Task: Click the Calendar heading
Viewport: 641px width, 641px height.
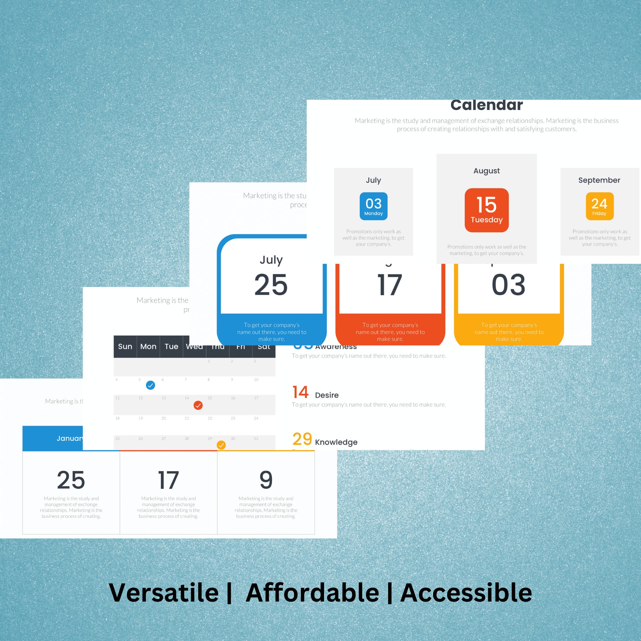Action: [x=487, y=105]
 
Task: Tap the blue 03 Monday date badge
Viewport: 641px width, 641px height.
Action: [x=374, y=206]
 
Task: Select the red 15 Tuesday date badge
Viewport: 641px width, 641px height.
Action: [x=487, y=210]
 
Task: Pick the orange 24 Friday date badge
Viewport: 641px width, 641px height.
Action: [x=599, y=206]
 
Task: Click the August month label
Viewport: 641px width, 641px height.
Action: [x=487, y=171]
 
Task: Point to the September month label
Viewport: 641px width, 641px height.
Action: [x=599, y=180]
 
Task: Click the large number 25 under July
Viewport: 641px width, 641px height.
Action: [x=271, y=285]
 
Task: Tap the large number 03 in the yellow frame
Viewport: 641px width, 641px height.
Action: [x=508, y=285]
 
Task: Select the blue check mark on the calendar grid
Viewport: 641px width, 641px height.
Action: [x=151, y=385]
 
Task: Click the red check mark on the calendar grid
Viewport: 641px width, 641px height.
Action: [x=198, y=405]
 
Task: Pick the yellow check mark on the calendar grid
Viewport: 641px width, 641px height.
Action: [x=221, y=445]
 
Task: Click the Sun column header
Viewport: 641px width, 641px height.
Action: [x=125, y=347]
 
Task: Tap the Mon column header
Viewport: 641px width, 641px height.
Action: [x=148, y=347]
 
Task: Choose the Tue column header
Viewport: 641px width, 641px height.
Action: [x=171, y=347]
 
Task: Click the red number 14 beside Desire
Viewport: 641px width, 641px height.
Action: [x=301, y=392]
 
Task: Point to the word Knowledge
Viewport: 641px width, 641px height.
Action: [x=336, y=442]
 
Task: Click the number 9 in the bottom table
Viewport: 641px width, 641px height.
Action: [x=266, y=480]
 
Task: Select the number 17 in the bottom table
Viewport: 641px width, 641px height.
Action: [x=169, y=480]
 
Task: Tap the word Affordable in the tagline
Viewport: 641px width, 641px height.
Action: [x=312, y=593]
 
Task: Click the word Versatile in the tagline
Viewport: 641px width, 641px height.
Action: [x=163, y=593]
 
